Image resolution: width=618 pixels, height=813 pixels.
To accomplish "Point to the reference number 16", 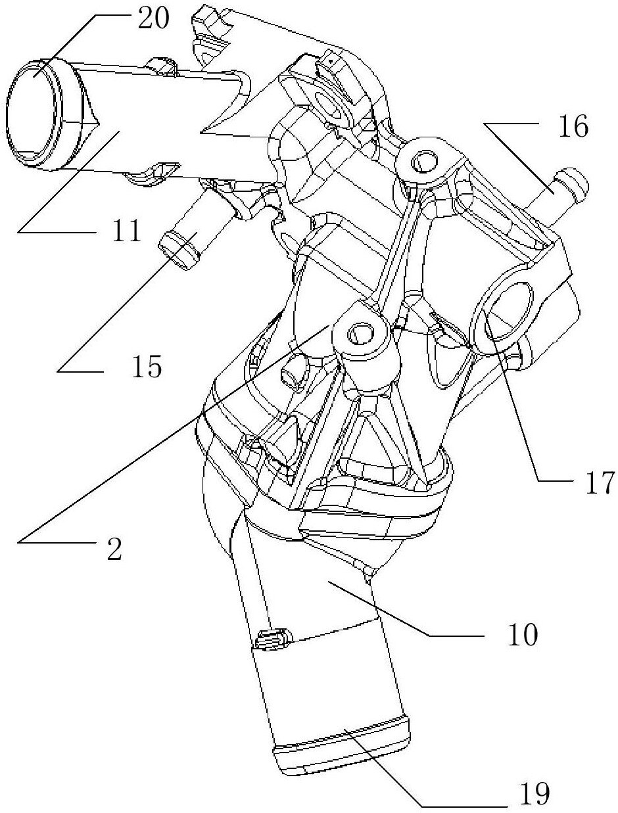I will click(574, 128).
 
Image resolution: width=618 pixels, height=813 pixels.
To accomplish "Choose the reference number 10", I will click(524, 635).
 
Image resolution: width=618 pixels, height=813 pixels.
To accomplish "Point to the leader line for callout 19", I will click(408, 769).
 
